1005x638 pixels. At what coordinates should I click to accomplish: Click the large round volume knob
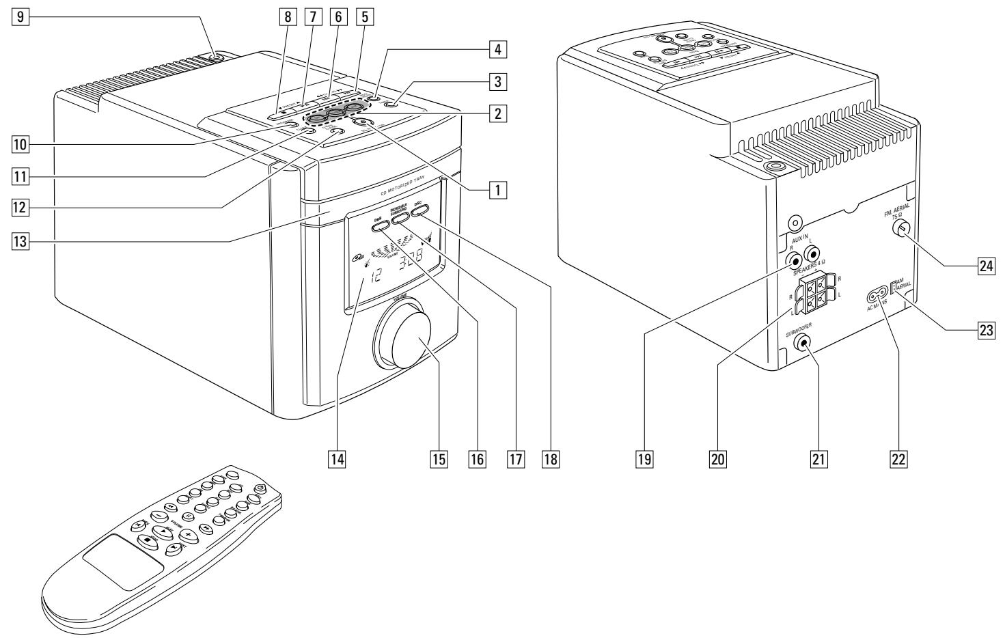(404, 335)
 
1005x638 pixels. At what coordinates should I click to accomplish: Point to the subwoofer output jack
(806, 347)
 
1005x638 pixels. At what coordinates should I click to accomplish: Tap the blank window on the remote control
(123, 560)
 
